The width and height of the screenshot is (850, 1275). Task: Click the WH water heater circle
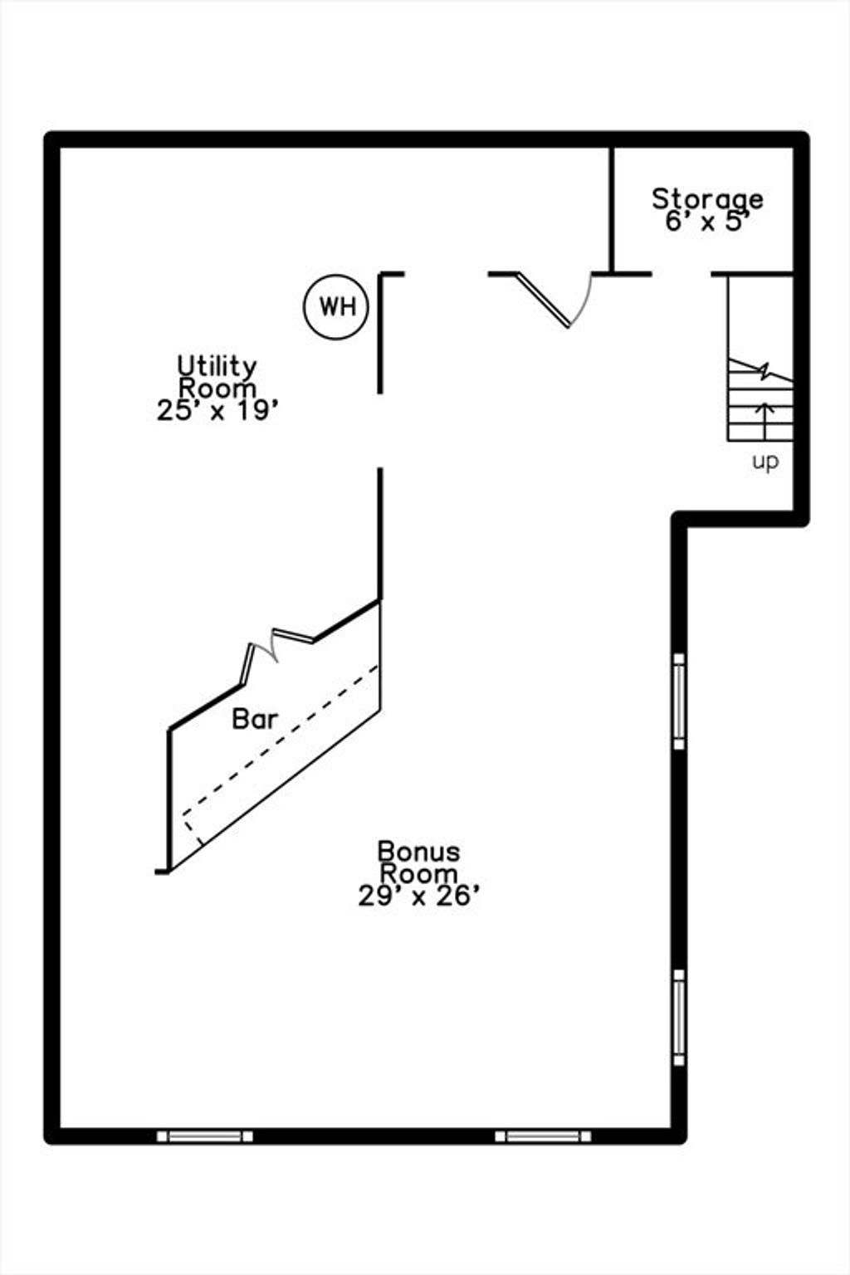pos(336,307)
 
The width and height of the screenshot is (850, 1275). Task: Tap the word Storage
pos(707,200)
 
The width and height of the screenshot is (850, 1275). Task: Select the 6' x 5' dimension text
pos(706,222)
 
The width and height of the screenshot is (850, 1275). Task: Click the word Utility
pos(217,367)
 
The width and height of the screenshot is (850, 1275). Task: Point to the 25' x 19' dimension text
pos(217,410)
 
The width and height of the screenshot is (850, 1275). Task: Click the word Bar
pos(255,720)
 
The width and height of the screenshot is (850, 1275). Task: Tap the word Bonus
pos(418,852)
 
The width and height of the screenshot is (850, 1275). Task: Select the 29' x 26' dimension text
pos(418,896)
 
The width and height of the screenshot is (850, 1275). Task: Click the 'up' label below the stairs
pos(765,462)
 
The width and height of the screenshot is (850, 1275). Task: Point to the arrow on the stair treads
pos(765,421)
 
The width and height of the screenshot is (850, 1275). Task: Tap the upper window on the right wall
pos(679,701)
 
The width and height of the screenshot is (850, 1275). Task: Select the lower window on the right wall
pos(679,1017)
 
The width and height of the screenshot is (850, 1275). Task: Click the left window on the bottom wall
pos(204,1136)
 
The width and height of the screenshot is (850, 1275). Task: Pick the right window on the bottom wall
pos(543,1136)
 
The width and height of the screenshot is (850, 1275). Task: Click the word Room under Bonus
pos(418,874)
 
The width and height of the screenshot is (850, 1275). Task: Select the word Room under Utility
pos(217,388)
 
